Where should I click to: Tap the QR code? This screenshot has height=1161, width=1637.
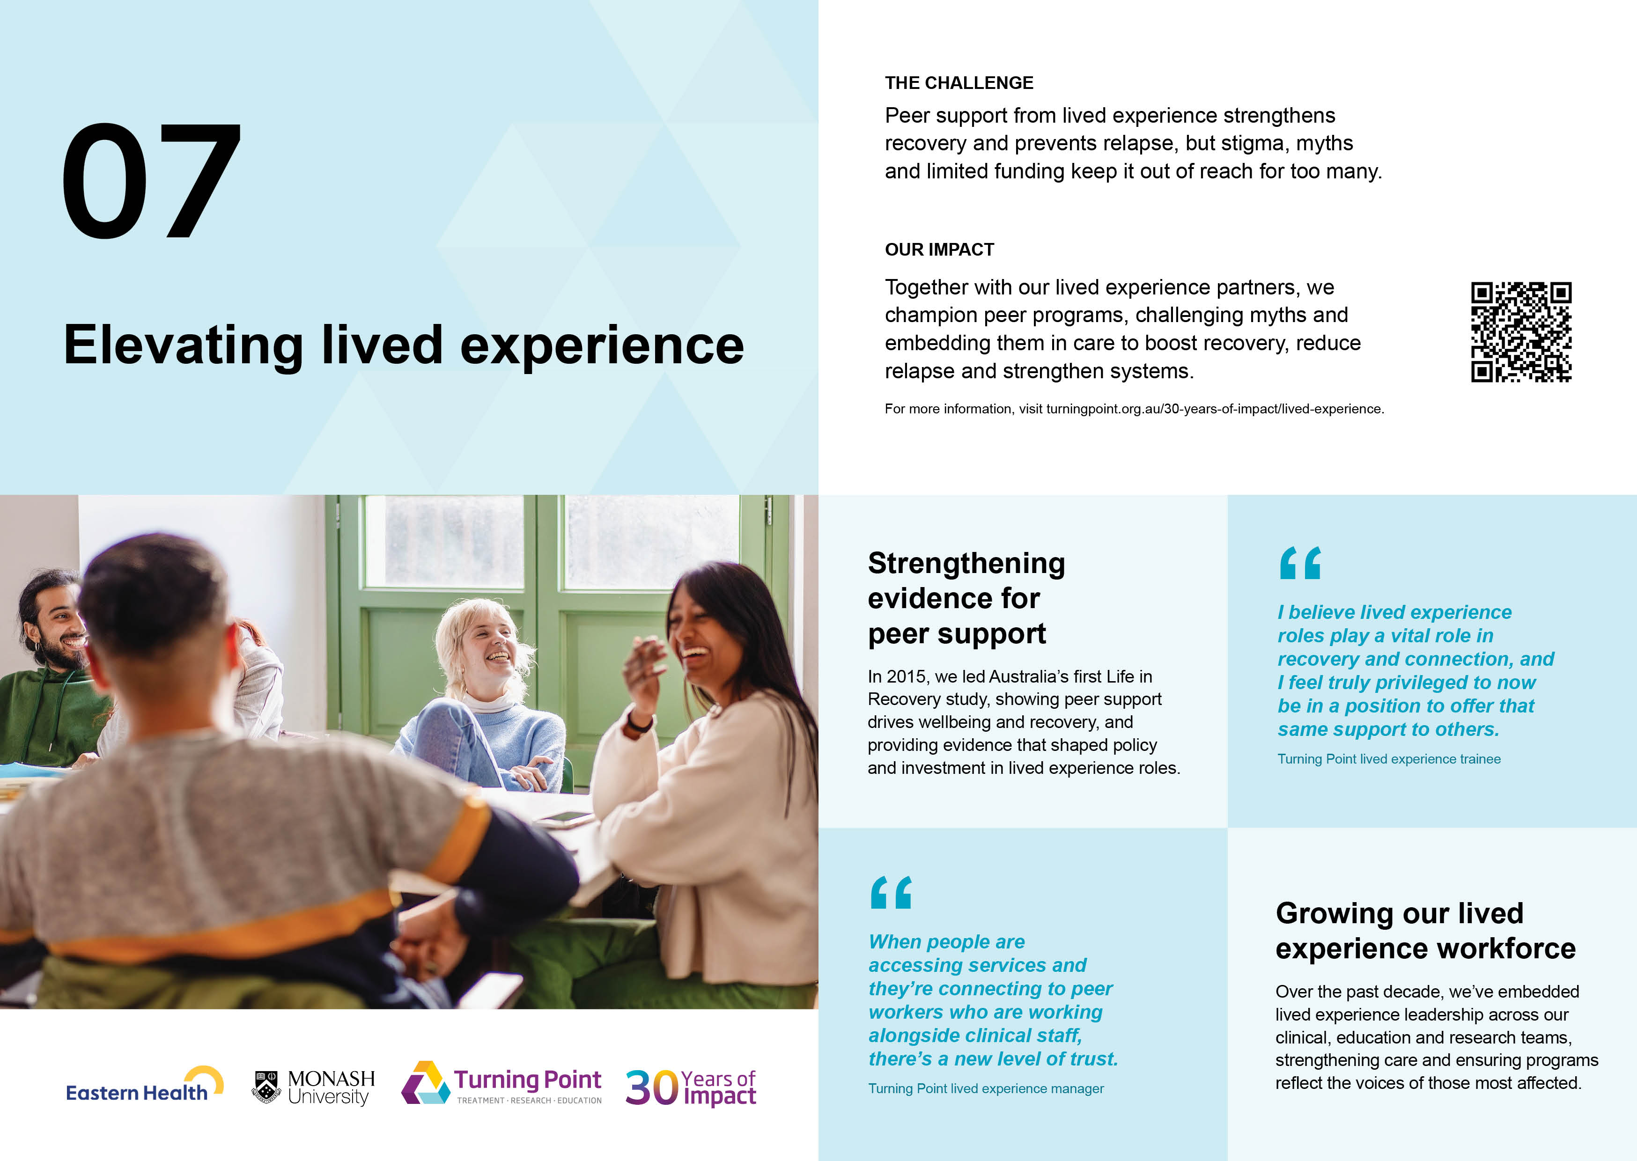pyautogui.click(x=1520, y=332)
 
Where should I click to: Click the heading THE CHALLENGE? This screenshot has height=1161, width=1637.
pyautogui.click(x=959, y=83)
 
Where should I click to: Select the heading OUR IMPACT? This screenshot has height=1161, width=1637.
pyautogui.click(x=939, y=250)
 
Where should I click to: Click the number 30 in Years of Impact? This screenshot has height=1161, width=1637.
pyautogui.click(x=651, y=1088)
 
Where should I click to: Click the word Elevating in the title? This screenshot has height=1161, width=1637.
pyautogui.click(x=184, y=346)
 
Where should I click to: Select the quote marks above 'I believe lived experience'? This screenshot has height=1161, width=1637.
pyautogui.click(x=1299, y=563)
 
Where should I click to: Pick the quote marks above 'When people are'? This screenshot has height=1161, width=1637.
pyautogui.click(x=891, y=892)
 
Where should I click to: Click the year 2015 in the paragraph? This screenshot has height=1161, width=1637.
pyautogui.click(x=908, y=677)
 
